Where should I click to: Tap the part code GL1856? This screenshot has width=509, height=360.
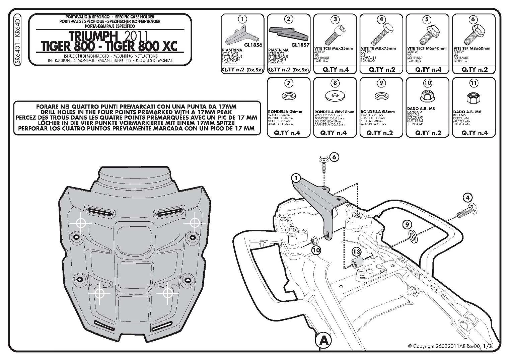[253, 45]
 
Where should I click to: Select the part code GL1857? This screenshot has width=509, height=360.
[300, 45]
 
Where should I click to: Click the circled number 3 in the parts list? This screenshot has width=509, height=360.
[335, 19]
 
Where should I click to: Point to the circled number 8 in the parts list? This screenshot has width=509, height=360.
[335, 83]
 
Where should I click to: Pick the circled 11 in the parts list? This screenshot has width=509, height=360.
[474, 83]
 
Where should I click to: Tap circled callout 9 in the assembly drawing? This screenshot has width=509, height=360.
[407, 224]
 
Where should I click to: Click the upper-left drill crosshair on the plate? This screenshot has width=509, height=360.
[81, 223]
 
